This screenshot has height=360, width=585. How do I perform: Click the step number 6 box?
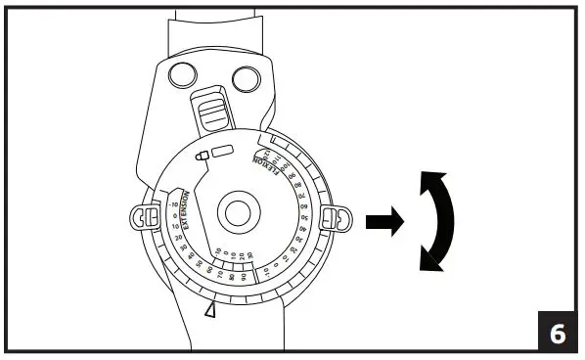coord(557,333)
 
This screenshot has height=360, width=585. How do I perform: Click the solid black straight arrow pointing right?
coord(383,221)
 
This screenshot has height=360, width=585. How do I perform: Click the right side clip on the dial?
coord(336,217)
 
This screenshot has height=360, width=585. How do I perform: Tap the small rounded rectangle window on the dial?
coord(223,152)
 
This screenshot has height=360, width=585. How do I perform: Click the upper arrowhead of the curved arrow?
coord(427,180)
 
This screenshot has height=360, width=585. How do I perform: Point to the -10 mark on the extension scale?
coord(173,205)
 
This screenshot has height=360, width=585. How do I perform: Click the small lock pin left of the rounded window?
coord(202,155)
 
